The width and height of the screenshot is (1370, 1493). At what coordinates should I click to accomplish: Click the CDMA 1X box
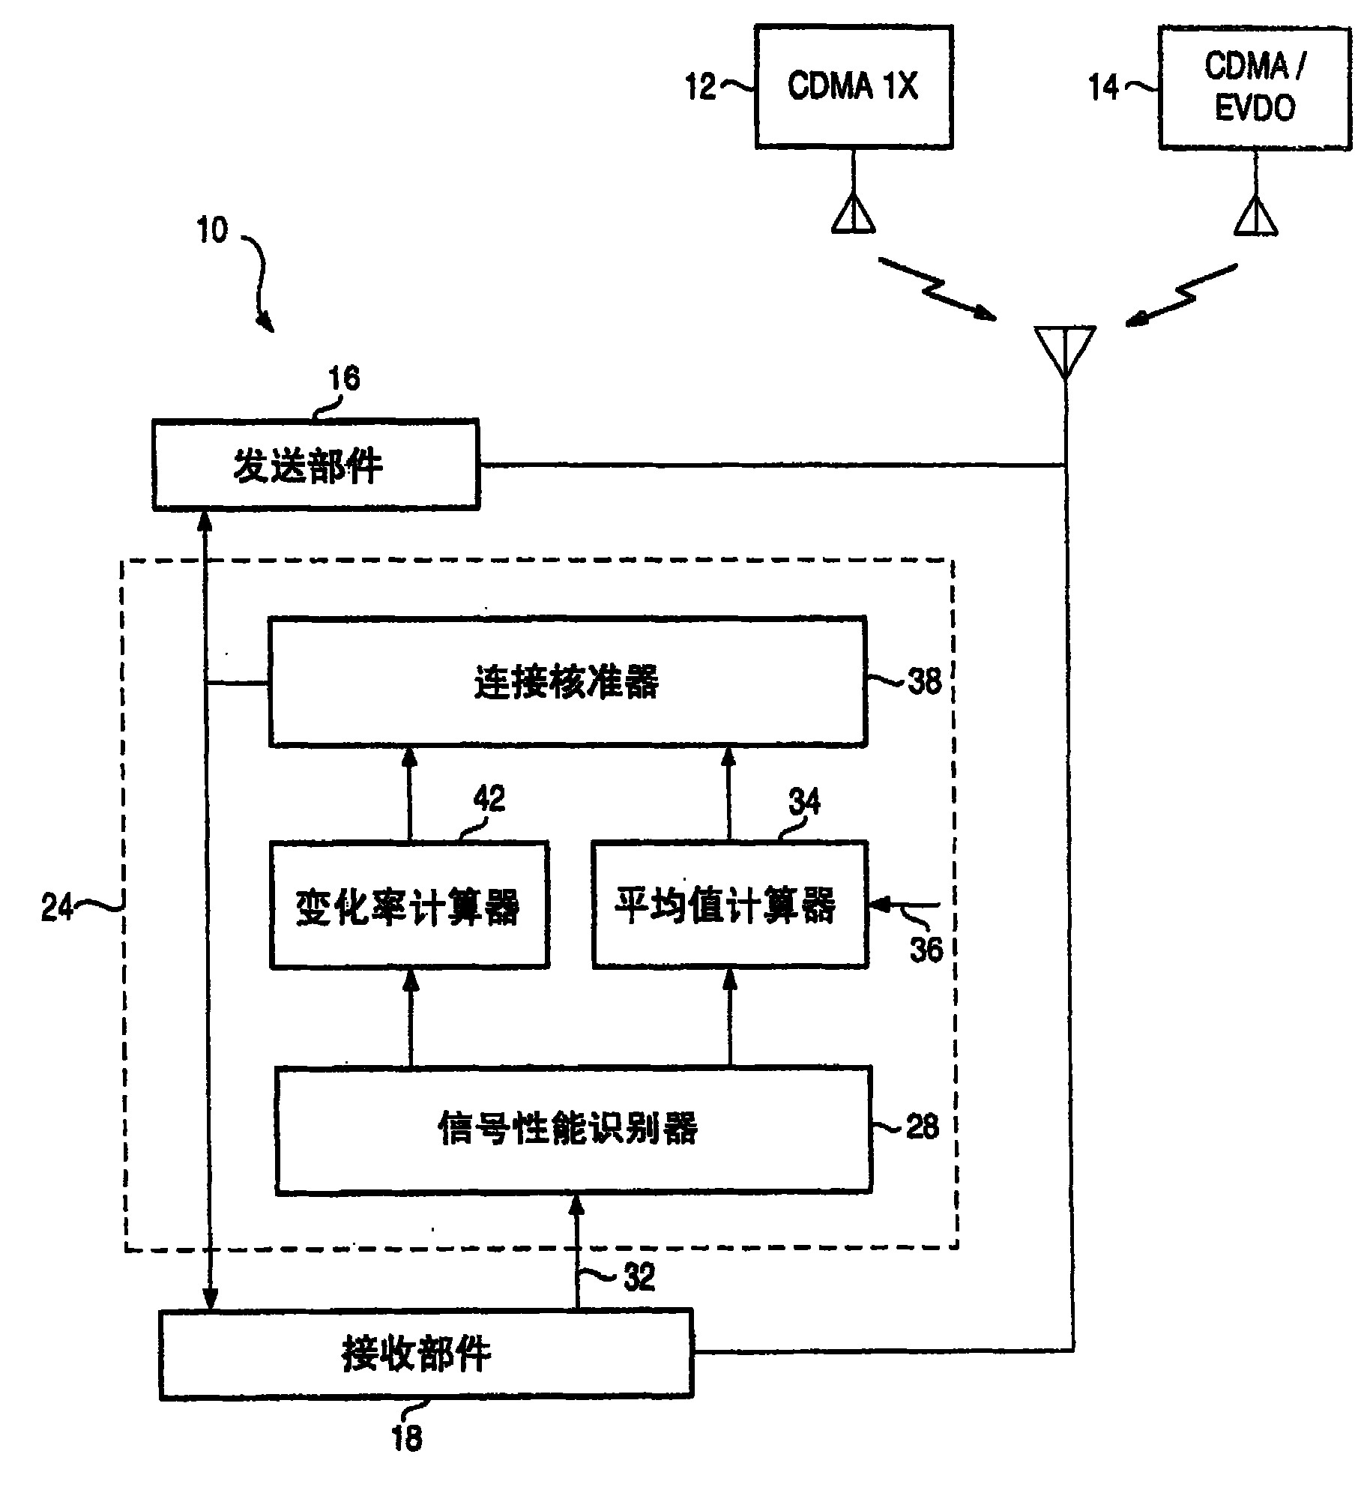click(x=853, y=87)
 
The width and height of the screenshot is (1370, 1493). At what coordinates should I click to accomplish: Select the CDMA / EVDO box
click(x=1254, y=88)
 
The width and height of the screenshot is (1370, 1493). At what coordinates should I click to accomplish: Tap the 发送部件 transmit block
click(x=316, y=465)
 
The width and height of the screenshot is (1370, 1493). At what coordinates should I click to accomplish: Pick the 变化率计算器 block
click(x=409, y=905)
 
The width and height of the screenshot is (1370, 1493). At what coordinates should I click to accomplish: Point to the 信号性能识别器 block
click(x=573, y=1129)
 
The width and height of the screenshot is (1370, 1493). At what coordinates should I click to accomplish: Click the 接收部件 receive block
click(x=426, y=1354)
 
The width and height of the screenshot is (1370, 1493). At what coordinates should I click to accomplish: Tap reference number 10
click(x=212, y=231)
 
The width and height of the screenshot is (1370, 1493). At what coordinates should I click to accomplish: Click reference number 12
click(x=701, y=88)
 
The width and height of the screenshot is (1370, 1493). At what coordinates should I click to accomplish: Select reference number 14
click(x=1103, y=88)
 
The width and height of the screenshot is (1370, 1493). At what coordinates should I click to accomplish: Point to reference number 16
click(x=344, y=379)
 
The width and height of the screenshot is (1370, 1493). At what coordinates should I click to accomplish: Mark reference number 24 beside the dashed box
click(x=57, y=908)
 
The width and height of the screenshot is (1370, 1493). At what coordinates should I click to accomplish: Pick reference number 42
click(x=489, y=799)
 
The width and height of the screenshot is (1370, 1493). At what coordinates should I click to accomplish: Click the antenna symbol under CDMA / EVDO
click(x=1256, y=217)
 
